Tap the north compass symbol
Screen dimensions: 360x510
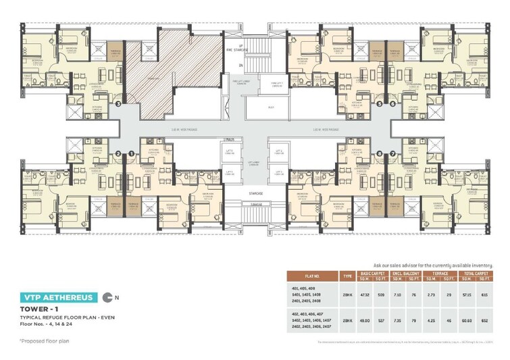pos(109,297)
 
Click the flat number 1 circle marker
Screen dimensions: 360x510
pos(130,154)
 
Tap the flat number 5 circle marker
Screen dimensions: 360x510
pos(379,104)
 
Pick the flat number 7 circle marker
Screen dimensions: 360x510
pos(392,154)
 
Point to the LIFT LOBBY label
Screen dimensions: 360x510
pos(234,163)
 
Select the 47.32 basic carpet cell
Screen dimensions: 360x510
pos(366,294)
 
